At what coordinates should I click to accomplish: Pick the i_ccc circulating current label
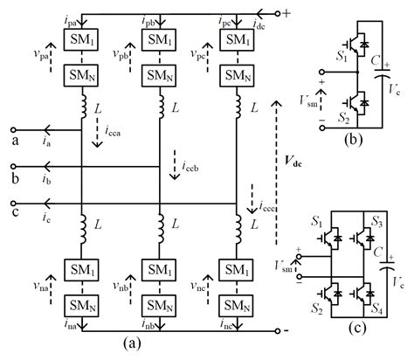[268, 206]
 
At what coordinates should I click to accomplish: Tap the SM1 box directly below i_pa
[79, 43]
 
